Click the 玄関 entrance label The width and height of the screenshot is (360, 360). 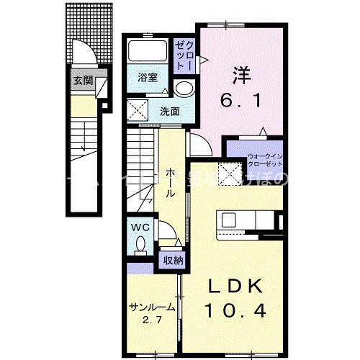click(x=82, y=80)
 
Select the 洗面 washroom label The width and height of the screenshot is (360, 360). click(x=170, y=111)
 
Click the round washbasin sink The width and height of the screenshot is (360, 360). click(x=184, y=89)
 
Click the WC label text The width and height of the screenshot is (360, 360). click(x=139, y=228)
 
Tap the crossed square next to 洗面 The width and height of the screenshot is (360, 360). click(x=139, y=110)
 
